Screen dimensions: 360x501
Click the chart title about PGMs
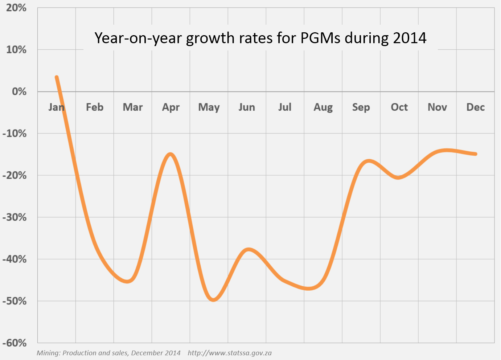pos(260,38)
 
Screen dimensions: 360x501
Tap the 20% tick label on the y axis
pos(16,8)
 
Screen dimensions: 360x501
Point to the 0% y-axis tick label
pos(19,91)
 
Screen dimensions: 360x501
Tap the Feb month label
pos(95,107)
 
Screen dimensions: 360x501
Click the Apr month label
pos(171,107)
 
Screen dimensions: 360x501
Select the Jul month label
pos(285,107)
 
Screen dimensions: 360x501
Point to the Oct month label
pos(399,107)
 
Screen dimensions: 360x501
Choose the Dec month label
pos(475,107)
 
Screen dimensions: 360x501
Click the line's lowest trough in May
pos(213,300)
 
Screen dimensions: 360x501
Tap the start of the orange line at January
pos(57,77)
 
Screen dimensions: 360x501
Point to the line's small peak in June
pos(249,249)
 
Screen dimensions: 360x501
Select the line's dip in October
pos(398,177)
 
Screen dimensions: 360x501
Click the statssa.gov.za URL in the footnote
pos(230,353)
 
